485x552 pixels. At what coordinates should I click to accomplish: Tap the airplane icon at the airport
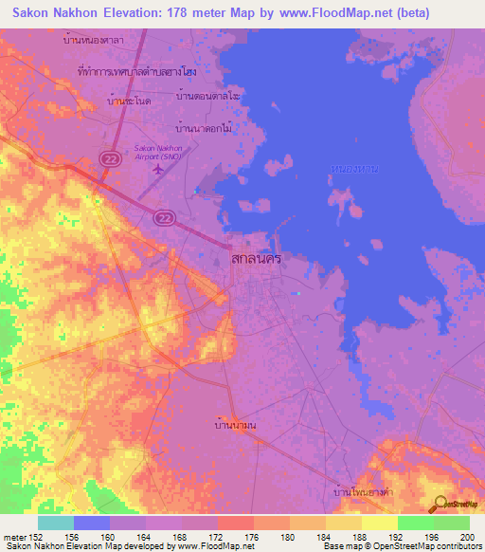coord(157,170)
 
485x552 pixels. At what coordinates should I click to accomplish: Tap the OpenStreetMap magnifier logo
coord(440,504)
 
